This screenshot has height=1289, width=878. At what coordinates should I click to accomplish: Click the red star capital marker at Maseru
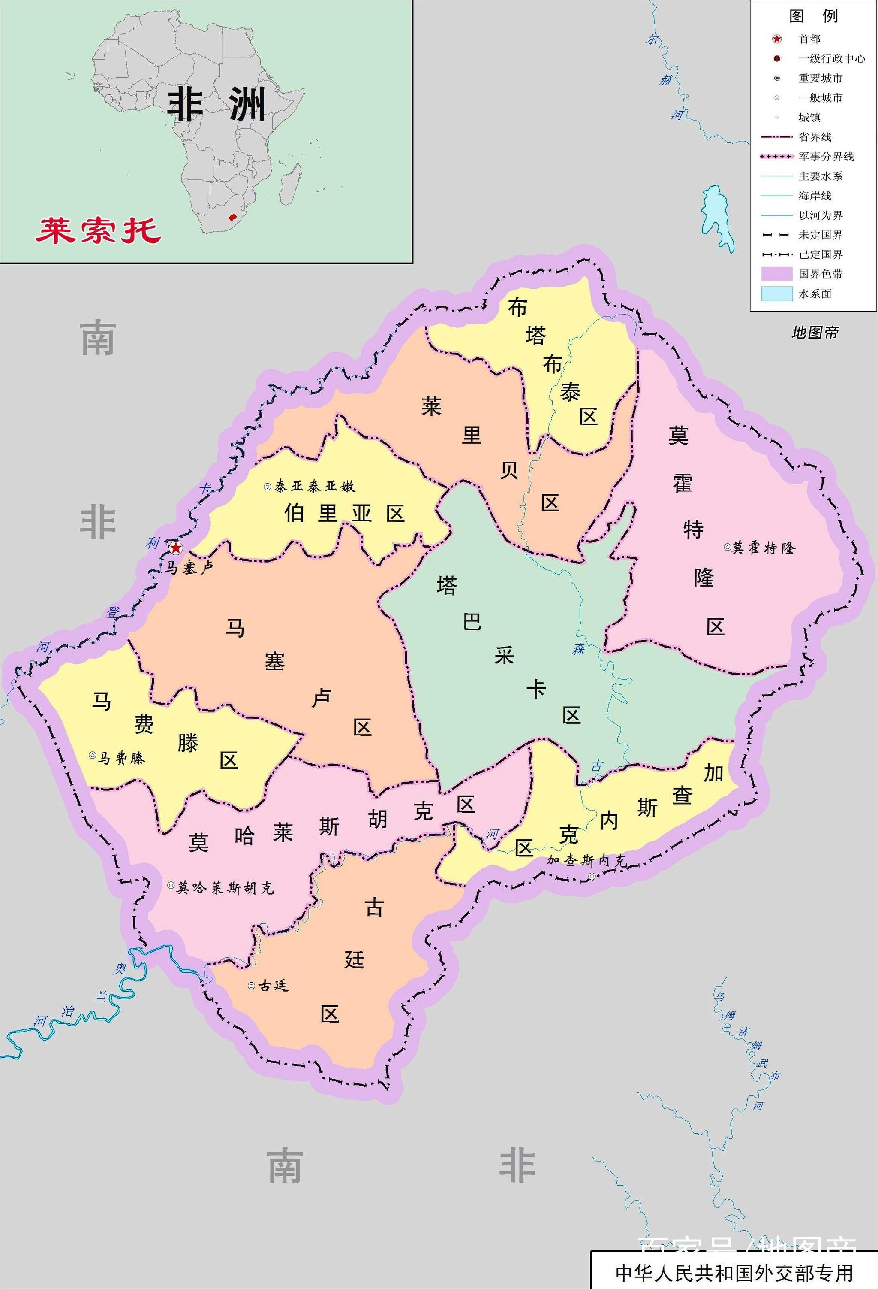tap(176, 548)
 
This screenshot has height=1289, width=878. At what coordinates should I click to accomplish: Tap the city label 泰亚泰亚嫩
tap(314, 487)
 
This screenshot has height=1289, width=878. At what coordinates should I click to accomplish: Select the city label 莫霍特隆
tap(763, 548)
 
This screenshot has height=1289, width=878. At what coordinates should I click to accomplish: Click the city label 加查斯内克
tap(586, 860)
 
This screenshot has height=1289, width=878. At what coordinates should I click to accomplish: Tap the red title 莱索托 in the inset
tap(98, 230)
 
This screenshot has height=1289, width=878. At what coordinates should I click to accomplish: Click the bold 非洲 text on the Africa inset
tap(216, 104)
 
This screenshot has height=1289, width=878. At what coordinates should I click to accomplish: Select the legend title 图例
tap(813, 16)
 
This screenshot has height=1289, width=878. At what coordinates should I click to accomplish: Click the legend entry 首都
tap(809, 39)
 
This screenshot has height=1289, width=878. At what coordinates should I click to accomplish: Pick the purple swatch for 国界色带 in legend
tap(776, 274)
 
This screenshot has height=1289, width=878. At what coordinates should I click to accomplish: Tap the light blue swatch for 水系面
tap(776, 294)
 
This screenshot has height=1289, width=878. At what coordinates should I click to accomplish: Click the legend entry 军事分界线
tap(826, 157)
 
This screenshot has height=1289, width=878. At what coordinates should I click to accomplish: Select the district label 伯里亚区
tap(344, 514)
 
